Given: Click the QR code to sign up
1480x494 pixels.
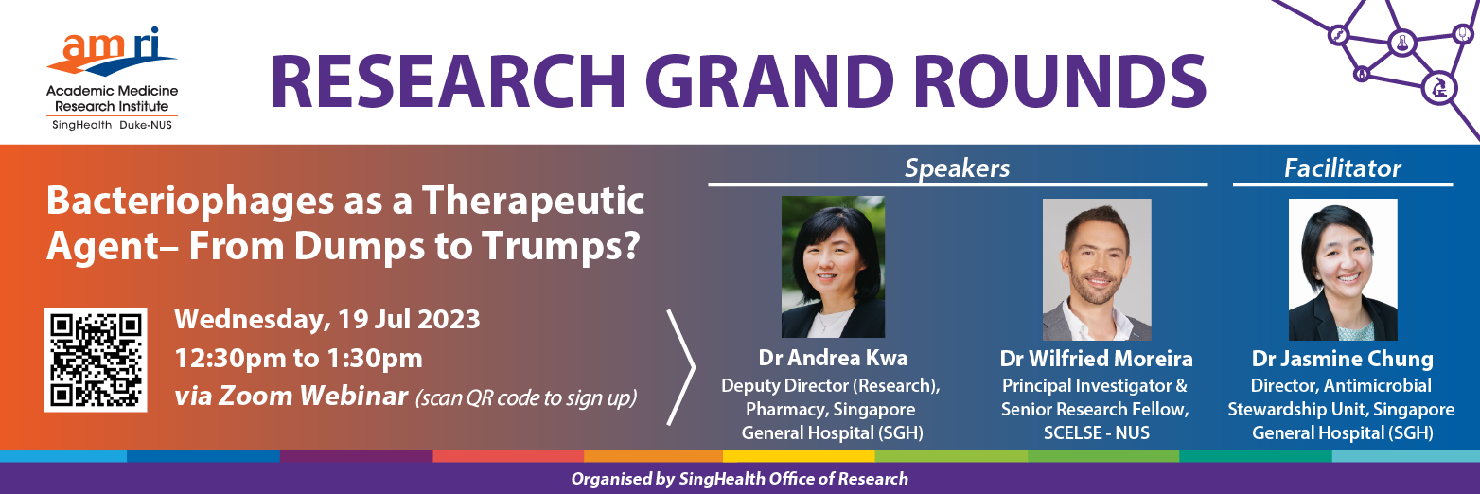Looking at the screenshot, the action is click(x=96, y=360).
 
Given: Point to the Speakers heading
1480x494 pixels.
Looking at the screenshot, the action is click(x=958, y=168).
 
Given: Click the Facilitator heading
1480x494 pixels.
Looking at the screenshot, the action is click(x=1343, y=168).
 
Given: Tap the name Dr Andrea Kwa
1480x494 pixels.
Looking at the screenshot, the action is click(x=833, y=358).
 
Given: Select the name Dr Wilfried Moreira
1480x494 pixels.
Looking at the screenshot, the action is click(x=1096, y=359).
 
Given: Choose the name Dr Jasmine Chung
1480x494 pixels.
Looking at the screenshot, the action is click(x=1343, y=359).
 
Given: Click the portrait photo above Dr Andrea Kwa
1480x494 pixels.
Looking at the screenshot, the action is click(x=833, y=267).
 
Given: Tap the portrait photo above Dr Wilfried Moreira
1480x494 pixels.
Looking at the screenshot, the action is click(x=1097, y=270).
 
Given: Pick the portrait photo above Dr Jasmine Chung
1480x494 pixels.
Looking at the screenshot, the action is click(x=1343, y=270).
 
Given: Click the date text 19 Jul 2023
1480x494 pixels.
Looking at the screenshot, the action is click(x=409, y=320).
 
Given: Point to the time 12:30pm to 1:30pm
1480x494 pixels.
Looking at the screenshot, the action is click(x=299, y=359).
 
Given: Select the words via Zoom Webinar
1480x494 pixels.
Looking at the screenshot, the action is click(x=291, y=397).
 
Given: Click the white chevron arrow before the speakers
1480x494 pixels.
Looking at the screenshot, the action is click(x=681, y=367).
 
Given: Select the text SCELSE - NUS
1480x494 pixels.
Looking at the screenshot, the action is click(x=1097, y=433).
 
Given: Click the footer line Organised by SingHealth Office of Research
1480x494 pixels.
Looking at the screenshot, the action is click(x=740, y=480).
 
